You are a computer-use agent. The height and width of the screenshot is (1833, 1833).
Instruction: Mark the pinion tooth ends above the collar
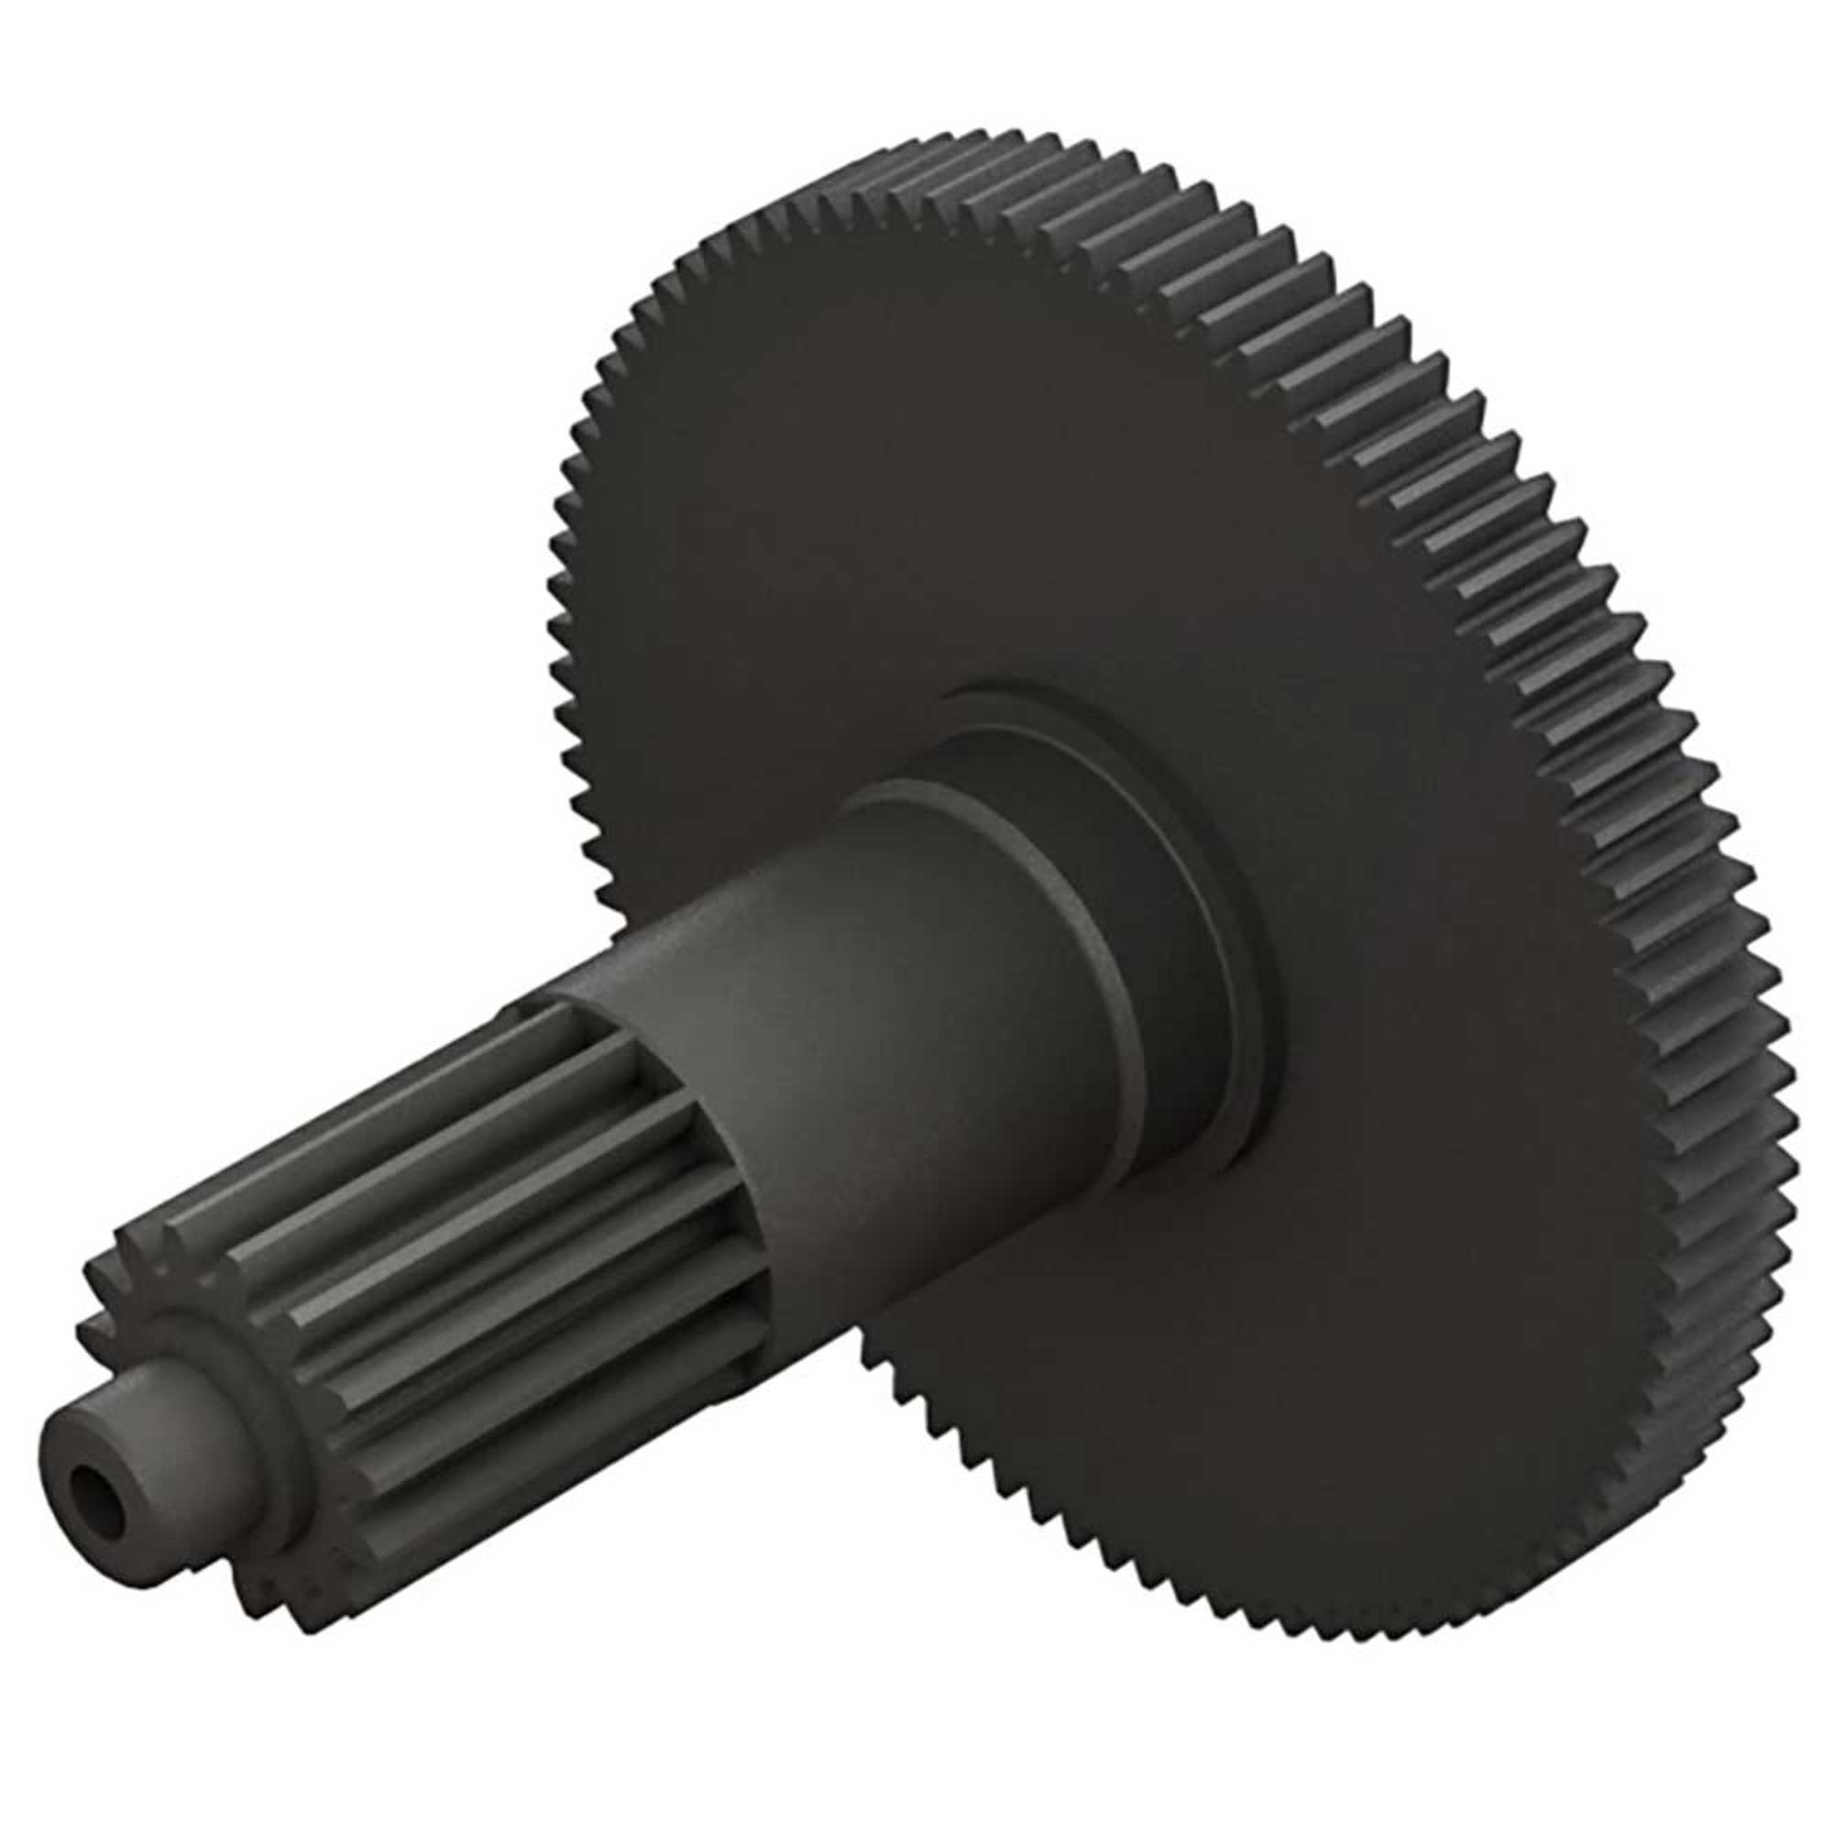click(x=142, y=1262)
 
